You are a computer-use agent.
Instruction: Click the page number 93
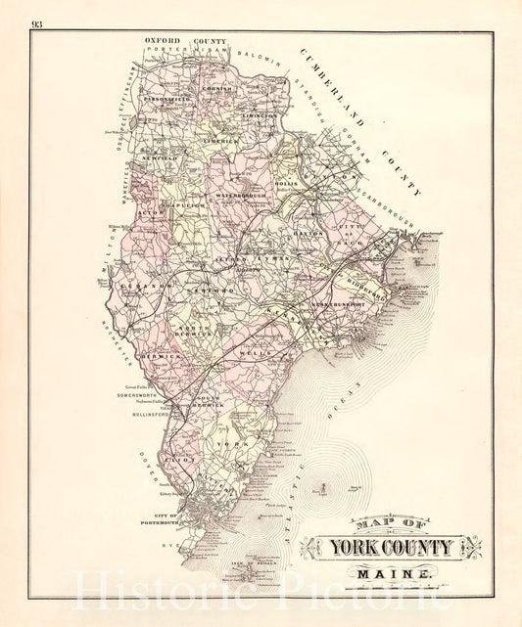click(36, 23)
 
